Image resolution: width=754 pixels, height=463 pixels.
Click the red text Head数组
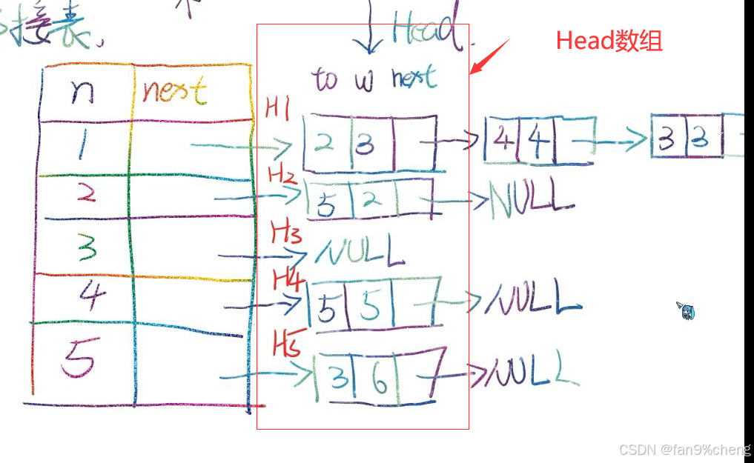(x=609, y=41)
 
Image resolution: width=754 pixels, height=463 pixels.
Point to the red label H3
(x=285, y=236)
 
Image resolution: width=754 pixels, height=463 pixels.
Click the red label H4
(x=288, y=279)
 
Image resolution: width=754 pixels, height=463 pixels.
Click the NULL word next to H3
(x=360, y=252)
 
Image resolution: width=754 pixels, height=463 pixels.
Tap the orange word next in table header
(x=173, y=91)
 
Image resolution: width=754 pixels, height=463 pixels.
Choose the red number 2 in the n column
(x=87, y=194)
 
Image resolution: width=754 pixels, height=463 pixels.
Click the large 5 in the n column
(x=79, y=361)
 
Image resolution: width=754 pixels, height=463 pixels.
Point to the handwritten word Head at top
(x=425, y=30)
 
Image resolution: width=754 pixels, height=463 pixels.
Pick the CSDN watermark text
(x=684, y=450)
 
